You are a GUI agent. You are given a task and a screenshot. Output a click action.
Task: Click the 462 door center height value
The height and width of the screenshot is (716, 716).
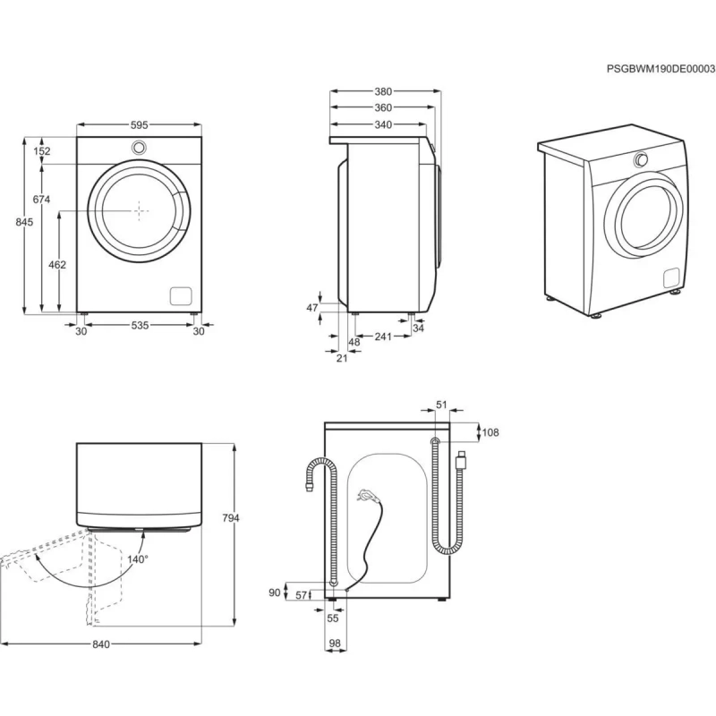(x=57, y=266)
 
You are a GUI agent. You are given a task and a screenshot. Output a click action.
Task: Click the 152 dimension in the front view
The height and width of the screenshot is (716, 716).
(x=42, y=151)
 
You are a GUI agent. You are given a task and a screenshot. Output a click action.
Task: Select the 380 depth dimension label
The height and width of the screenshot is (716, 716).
(x=382, y=91)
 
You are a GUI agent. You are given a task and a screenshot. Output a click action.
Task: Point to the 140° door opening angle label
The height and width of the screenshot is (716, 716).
(x=137, y=558)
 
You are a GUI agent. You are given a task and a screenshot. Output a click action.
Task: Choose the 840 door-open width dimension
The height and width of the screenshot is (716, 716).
(x=100, y=645)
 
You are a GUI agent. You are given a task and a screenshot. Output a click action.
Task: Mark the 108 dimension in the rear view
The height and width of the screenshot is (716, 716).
(x=490, y=433)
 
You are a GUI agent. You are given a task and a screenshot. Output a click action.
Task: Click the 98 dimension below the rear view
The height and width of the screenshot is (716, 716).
(x=335, y=644)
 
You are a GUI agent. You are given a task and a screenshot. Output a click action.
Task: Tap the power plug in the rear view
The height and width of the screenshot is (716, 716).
(x=365, y=493)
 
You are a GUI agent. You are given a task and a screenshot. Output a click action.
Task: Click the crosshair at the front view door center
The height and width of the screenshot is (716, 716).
(x=140, y=210)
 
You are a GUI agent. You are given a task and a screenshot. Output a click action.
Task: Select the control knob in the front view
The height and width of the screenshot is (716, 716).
(x=140, y=148)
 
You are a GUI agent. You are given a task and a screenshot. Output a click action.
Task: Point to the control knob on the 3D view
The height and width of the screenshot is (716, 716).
(x=641, y=160)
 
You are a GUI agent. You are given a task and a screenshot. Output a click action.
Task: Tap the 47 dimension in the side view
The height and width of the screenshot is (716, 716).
(x=312, y=308)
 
